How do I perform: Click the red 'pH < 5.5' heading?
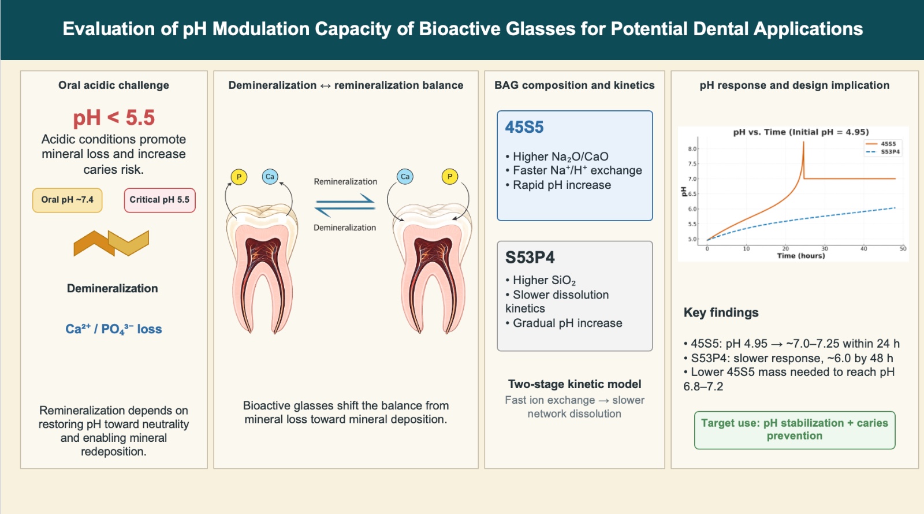[x=114, y=118]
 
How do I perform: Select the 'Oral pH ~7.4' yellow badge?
[x=67, y=200]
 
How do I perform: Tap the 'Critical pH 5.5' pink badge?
[x=159, y=200]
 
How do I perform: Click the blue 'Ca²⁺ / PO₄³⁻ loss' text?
[x=114, y=329]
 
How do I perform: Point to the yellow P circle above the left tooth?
[x=239, y=177]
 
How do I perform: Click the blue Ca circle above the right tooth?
[x=405, y=177]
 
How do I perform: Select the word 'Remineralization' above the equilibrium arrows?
[x=345, y=181]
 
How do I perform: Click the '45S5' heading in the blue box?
[x=524, y=127]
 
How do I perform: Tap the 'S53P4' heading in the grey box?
[x=530, y=257]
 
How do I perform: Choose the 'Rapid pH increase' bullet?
[x=561, y=185]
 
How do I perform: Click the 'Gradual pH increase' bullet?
[x=567, y=323]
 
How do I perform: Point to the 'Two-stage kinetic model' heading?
[x=575, y=384]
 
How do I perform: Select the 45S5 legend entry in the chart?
[x=881, y=144]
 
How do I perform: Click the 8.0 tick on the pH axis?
[x=692, y=149]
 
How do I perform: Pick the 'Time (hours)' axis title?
[x=800, y=255]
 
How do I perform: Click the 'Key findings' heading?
[x=721, y=312]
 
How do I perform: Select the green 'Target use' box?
[x=795, y=430]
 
